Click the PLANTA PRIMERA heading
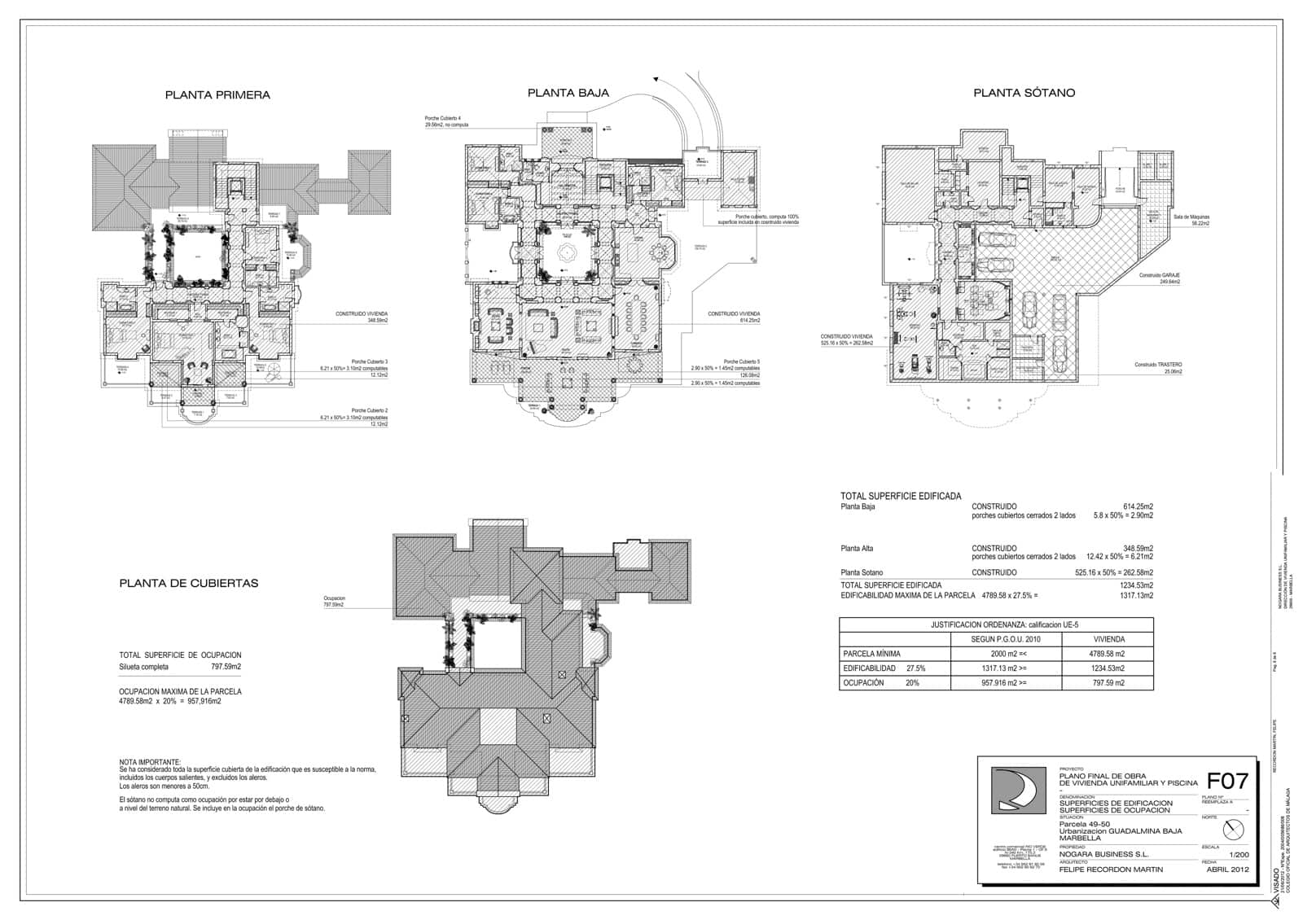[x=217, y=95]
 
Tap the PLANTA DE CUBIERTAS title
[x=188, y=584]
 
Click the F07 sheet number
[x=1226, y=782]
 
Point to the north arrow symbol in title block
[x=1234, y=830]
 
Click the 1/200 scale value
[x=1238, y=855]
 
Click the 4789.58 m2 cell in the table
[x=1107, y=654]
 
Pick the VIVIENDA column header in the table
[x=1108, y=639]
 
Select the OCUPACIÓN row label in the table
[x=863, y=683]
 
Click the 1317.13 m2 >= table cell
[x=1006, y=668]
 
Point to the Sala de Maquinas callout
[x=1191, y=219]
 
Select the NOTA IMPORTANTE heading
[x=150, y=762]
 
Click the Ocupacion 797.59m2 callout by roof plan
[x=334, y=601]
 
